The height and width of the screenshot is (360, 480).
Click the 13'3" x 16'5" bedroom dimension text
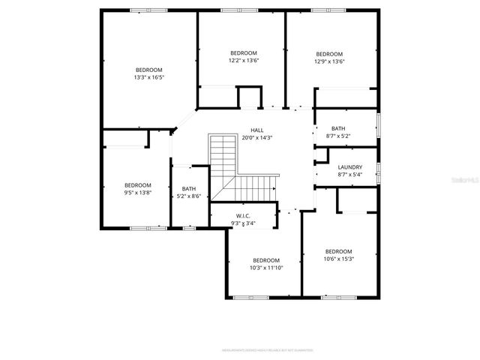(149, 77)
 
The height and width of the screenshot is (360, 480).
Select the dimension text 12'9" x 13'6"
(329, 62)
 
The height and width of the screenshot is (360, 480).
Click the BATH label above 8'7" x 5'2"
(339, 128)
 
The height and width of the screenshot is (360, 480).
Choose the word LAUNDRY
(350, 167)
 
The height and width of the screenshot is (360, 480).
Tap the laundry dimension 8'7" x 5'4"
(350, 175)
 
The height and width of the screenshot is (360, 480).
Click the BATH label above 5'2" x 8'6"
(188, 189)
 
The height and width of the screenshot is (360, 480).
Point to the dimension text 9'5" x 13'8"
(138, 193)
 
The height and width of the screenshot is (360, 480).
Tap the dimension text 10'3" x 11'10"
(265, 268)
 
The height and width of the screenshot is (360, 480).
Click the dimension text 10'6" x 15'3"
(339, 259)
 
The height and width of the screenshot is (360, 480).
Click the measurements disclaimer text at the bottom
(266, 349)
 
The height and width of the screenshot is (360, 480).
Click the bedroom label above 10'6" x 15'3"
(339, 251)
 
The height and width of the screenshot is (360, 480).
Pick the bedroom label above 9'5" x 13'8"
(138, 185)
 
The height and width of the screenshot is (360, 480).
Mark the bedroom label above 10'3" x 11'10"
(265, 260)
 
